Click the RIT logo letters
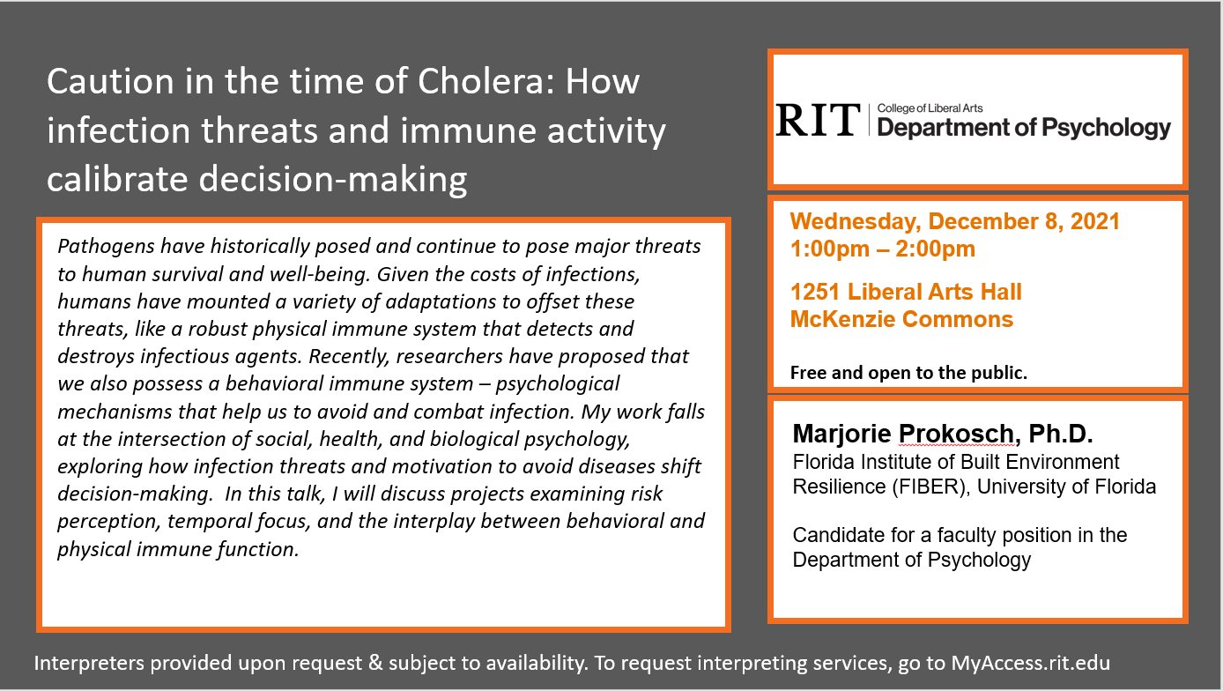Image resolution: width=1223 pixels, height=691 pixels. pyautogui.click(x=818, y=120)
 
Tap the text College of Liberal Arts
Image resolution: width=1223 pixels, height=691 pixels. pyautogui.click(x=930, y=108)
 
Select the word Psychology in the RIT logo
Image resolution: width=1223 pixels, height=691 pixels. pyautogui.click(x=1106, y=129)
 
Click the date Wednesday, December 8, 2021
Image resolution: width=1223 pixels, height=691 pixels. pyautogui.click(x=955, y=221)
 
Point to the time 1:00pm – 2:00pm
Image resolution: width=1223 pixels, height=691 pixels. pyautogui.click(x=883, y=249)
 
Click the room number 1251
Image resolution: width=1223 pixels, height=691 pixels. pyautogui.click(x=815, y=292)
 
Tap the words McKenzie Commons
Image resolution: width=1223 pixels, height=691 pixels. pyautogui.click(x=901, y=319)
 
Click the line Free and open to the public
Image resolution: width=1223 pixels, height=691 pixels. pyautogui.click(x=908, y=373)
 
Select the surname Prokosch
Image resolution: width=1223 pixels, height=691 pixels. pyautogui.click(x=956, y=434)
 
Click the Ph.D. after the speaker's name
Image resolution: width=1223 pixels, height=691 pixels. pyautogui.click(x=1061, y=434)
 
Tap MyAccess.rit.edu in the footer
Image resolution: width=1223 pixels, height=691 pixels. pyautogui.click(x=1031, y=663)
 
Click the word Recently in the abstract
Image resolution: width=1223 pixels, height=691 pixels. pyautogui.click(x=349, y=357)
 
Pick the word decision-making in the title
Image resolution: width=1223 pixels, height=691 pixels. pyautogui.click(x=332, y=180)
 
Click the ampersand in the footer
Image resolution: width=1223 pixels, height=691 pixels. pyautogui.click(x=375, y=663)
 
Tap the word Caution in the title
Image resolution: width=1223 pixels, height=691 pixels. pyautogui.click(x=110, y=81)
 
